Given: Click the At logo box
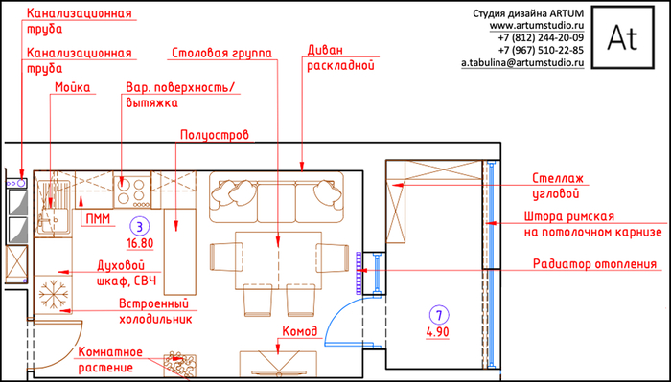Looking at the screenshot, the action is pyautogui.click(x=623, y=37).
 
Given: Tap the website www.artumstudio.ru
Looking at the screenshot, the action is pyautogui.click(x=537, y=26).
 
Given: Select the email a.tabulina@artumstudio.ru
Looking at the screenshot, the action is pyautogui.click(x=522, y=63).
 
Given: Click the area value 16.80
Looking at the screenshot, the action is pyautogui.click(x=140, y=243).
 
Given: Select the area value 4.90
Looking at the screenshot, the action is pyautogui.click(x=438, y=332).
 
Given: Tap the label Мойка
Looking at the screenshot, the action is pyautogui.click(x=73, y=87).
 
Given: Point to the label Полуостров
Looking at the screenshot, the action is pyautogui.click(x=215, y=135).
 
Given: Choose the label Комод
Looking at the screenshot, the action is pyautogui.click(x=300, y=331).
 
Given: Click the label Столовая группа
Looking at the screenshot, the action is pyautogui.click(x=221, y=54).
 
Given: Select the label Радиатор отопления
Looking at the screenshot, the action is pyautogui.click(x=594, y=264).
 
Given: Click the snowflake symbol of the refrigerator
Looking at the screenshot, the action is pyautogui.click(x=54, y=295).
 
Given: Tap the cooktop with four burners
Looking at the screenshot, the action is pyautogui.click(x=132, y=191).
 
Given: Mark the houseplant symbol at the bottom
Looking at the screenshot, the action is pyautogui.click(x=181, y=365).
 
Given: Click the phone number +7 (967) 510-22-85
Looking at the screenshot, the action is pyautogui.click(x=541, y=51).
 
